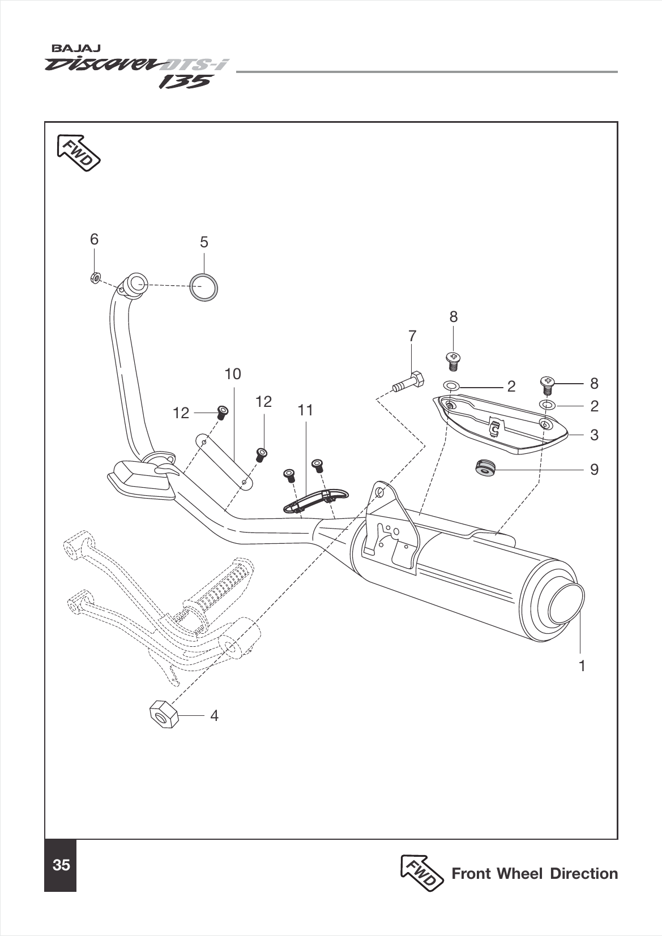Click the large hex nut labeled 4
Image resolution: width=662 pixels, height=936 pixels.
pos(163,714)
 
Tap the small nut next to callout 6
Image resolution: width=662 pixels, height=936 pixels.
pos(96,278)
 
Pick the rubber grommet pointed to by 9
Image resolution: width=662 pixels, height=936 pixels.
pos(485,467)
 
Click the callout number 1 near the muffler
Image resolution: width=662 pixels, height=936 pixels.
pos(582,665)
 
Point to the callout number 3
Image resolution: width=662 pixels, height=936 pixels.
pos(593,435)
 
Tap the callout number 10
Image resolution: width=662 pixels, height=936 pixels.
pos(233,373)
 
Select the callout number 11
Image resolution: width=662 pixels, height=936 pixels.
pos(305,410)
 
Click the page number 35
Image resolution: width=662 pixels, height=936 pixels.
pos(61,865)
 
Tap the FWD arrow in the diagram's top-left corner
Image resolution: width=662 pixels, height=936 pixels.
pos(79,152)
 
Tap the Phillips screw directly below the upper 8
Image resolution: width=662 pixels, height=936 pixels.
pos(453,358)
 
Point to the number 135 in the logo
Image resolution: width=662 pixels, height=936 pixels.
pos(185,82)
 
